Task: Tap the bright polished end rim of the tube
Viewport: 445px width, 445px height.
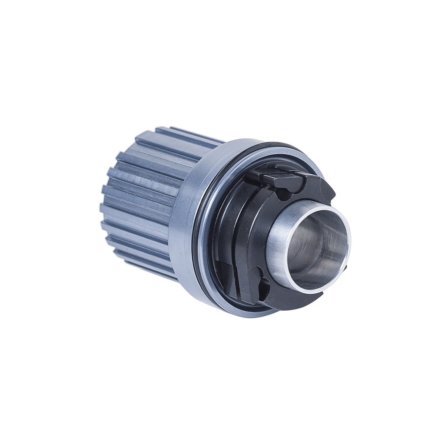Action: click(348, 243)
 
